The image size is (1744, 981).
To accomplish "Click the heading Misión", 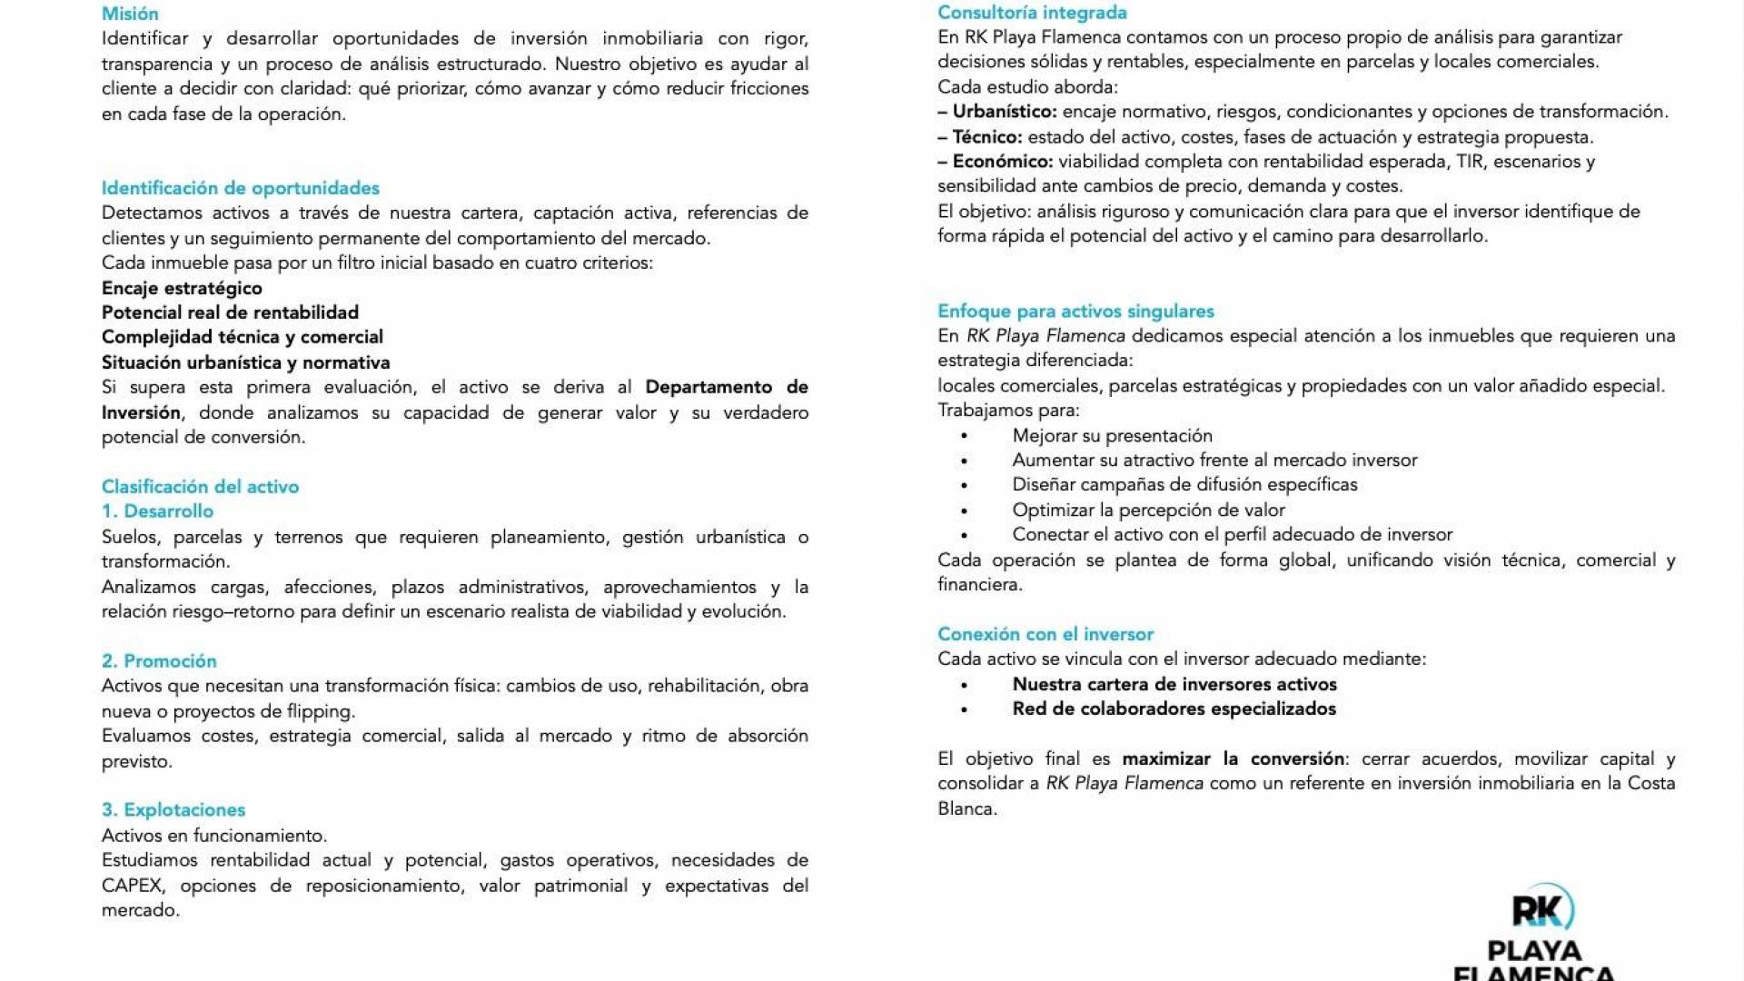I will (x=130, y=14).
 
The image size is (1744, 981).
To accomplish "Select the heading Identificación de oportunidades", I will (x=240, y=188).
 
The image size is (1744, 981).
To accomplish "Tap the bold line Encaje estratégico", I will (x=182, y=288).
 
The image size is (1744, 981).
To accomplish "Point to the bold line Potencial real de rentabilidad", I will (x=230, y=312).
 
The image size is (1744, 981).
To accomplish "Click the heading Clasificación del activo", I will (x=200, y=487).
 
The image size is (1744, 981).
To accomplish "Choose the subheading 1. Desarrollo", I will (x=157, y=511).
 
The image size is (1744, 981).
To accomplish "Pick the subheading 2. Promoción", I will (x=159, y=661).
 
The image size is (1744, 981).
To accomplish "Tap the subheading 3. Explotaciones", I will (x=173, y=810).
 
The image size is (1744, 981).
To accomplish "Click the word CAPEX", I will (x=132, y=886).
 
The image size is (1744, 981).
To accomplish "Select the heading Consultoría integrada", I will (x=1032, y=13).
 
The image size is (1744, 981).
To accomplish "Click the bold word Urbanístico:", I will (x=1005, y=112).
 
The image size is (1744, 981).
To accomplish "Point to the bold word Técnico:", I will (x=987, y=137).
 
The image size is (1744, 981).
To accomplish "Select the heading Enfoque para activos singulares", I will (x=1075, y=312).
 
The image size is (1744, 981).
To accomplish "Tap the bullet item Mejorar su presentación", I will (x=1112, y=436).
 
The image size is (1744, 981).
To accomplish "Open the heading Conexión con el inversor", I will (x=1045, y=634).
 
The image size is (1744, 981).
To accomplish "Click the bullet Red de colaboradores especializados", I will (x=1174, y=709).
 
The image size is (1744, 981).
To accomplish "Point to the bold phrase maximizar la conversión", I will (x=1233, y=758).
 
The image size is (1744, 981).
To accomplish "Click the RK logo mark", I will (x=1541, y=909).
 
